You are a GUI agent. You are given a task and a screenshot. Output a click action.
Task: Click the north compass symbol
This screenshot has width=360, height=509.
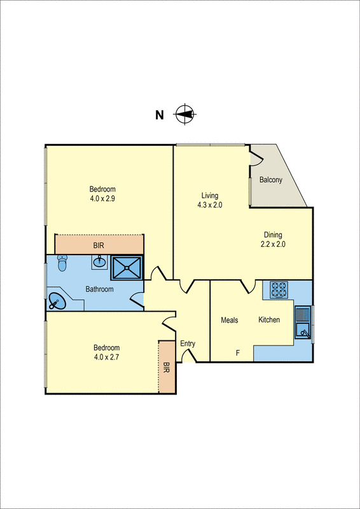tap(184, 115)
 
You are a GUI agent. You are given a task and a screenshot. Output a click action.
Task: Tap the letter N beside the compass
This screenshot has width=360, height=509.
tap(160, 115)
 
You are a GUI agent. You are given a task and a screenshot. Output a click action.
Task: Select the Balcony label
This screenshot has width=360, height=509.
tap(271, 180)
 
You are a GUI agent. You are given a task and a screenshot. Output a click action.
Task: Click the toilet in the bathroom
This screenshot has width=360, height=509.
tap(62, 263)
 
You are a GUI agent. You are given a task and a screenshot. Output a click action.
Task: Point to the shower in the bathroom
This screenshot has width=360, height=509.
tap(128, 268)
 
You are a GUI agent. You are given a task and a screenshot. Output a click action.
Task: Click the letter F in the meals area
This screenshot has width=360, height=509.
tap(239, 352)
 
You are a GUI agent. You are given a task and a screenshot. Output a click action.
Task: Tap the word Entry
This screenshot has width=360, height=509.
tap(188, 344)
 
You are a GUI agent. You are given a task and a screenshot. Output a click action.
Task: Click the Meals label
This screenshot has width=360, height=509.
tap(230, 320)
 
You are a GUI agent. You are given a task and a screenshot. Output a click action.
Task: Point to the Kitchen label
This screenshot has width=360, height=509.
tap(269, 319)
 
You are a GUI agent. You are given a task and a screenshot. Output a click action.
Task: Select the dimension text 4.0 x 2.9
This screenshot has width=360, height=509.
tap(102, 198)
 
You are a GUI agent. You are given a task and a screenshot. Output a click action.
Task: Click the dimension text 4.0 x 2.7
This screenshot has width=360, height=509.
tap(107, 357)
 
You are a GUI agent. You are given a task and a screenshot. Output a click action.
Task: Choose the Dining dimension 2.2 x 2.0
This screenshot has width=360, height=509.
tap(273, 244)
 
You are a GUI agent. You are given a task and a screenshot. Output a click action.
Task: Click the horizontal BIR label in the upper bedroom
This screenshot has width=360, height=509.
tap(99, 245)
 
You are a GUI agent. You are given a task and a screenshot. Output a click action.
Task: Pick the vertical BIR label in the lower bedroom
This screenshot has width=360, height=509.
tap(167, 367)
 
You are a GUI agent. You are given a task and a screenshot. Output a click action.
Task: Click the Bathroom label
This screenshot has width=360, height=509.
tap(100, 289)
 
